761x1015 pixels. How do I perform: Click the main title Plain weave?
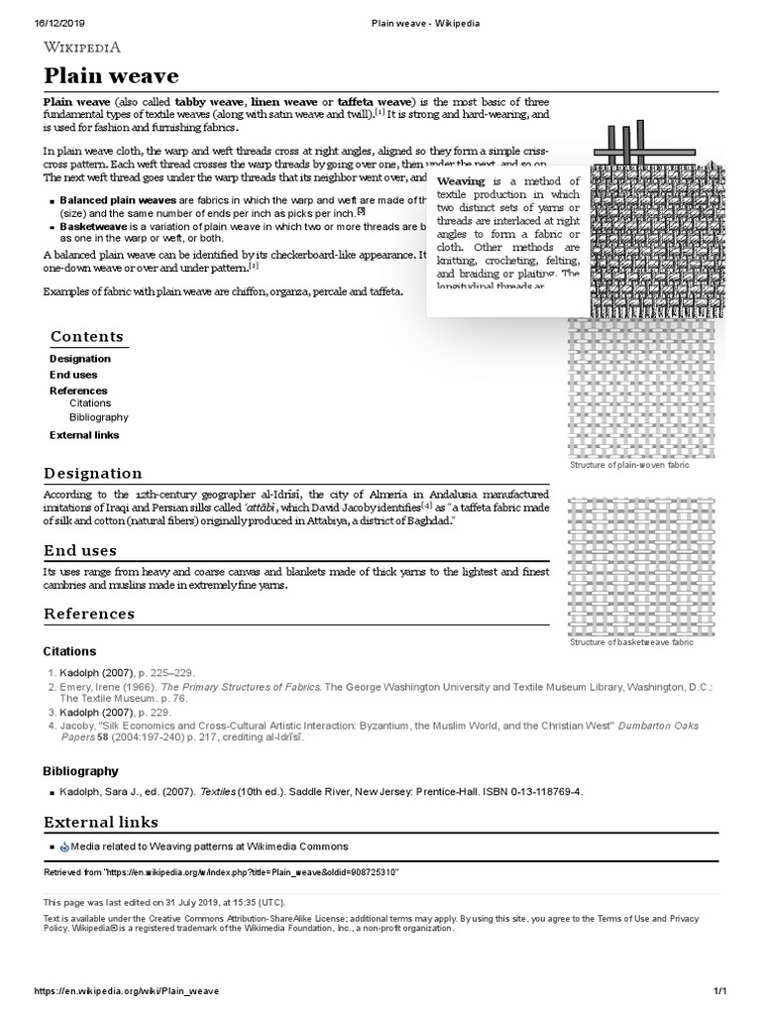[110, 76]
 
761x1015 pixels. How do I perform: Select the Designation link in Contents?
[80, 359]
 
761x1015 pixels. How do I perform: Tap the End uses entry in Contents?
[73, 375]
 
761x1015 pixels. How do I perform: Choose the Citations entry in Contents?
[90, 403]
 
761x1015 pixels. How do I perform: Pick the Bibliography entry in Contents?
[98, 418]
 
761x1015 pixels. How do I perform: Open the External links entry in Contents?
[84, 435]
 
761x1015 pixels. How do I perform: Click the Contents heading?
[87, 337]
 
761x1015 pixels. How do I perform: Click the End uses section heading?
[80, 550]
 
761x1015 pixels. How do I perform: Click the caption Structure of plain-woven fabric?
[628, 465]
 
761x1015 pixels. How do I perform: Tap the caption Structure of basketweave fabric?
[631, 642]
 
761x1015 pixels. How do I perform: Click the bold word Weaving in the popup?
[461, 182]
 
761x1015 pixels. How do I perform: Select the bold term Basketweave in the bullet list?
[95, 226]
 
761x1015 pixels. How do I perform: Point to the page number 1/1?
[720, 991]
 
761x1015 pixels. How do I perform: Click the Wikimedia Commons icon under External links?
[65, 846]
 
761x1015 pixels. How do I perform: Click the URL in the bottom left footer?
[127, 991]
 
